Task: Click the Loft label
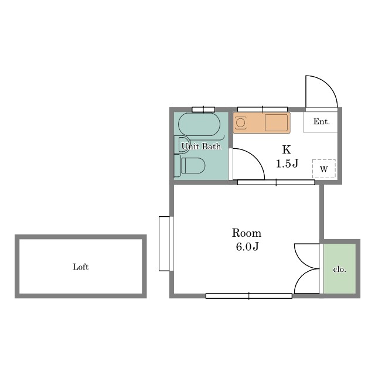(81, 267)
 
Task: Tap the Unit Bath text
(201, 146)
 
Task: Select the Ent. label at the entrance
(322, 121)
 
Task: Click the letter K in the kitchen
(287, 149)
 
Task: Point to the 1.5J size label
(287, 163)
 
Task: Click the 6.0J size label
(247, 247)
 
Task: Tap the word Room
(247, 233)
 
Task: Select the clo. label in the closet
(340, 270)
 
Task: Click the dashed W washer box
(324, 169)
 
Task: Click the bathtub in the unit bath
(199, 124)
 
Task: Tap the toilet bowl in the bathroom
(193, 165)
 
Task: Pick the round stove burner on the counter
(240, 123)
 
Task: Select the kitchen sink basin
(276, 122)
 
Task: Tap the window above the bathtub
(203, 110)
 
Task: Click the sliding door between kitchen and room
(276, 182)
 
